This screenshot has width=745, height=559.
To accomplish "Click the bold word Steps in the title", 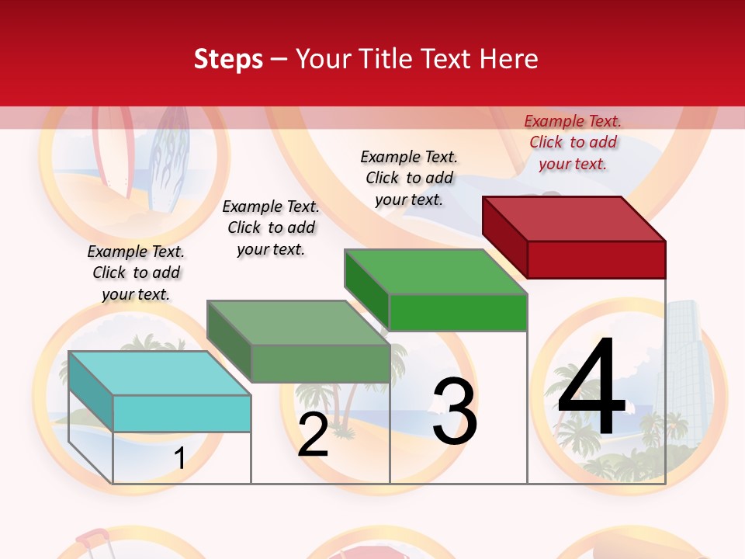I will click(x=228, y=59).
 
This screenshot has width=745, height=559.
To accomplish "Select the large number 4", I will click(x=591, y=388).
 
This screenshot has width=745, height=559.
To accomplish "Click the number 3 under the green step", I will click(x=455, y=411).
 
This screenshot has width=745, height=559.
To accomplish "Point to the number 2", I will click(x=313, y=435).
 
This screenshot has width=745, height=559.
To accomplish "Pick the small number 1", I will click(x=179, y=458).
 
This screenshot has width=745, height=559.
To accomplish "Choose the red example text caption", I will click(x=573, y=142).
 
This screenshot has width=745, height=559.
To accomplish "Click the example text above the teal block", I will click(x=136, y=273).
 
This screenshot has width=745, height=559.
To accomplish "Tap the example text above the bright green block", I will click(x=409, y=178).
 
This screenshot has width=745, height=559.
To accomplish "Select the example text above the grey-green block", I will click(x=271, y=227).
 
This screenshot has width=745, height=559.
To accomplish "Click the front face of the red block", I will click(x=596, y=259).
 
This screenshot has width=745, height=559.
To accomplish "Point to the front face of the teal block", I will click(x=182, y=413).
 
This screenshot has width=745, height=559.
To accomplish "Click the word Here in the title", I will click(x=508, y=59).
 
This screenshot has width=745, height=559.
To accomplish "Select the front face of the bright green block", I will click(x=458, y=313).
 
